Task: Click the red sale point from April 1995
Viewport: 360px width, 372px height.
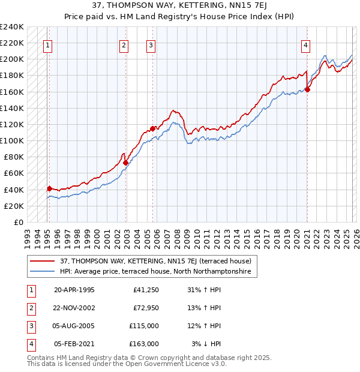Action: pyautogui.click(x=49, y=188)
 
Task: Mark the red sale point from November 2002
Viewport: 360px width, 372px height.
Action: pyautogui.click(x=125, y=163)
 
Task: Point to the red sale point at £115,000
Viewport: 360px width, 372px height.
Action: pyautogui.click(x=153, y=128)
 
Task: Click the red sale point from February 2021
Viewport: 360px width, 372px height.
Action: pyautogui.click(x=307, y=89)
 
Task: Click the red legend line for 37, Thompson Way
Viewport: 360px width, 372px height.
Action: pyautogui.click(x=43, y=262)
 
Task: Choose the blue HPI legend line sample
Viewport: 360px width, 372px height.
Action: pyautogui.click(x=43, y=272)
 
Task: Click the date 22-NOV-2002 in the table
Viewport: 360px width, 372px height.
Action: pyautogui.click(x=74, y=308)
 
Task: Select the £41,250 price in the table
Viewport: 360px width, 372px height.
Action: pyautogui.click(x=146, y=290)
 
